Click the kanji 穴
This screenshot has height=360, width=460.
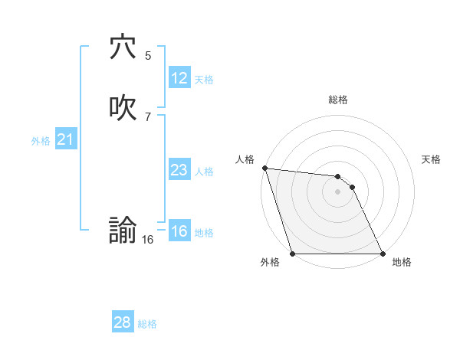[123, 47]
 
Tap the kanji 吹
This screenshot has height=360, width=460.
[123, 108]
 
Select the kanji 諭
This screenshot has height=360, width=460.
[123, 230]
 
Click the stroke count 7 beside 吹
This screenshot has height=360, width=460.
[148, 116]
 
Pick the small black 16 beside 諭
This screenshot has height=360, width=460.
[147, 240]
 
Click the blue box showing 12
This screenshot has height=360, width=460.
[179, 78]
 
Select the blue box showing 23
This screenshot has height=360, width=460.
[179, 170]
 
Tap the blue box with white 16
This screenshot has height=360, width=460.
[179, 231]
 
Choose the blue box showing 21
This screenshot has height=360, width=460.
[65, 139]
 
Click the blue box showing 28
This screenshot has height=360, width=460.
[122, 322]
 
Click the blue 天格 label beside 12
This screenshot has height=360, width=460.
[204, 80]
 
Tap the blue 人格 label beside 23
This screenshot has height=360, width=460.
[204, 172]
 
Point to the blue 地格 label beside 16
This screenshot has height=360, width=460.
[204, 233]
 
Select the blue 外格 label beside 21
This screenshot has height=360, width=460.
[41, 141]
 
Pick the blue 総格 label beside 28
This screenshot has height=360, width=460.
[147, 324]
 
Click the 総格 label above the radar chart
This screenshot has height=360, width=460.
[338, 100]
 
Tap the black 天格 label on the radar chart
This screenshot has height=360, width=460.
[432, 159]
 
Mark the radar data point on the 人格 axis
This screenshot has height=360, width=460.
[264, 168]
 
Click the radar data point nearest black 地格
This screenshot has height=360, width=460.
[382, 254]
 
